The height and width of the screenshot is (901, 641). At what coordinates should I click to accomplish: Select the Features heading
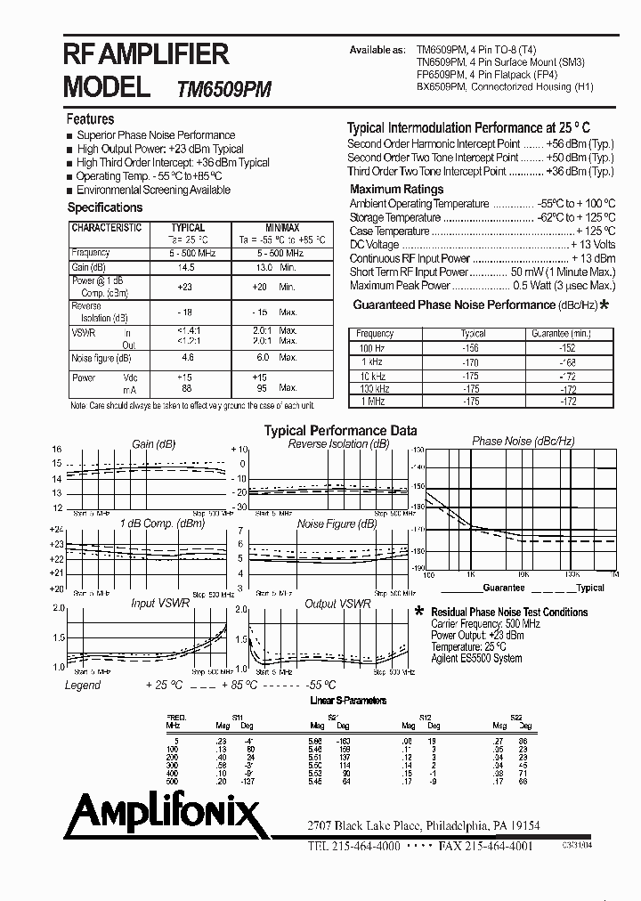(91, 119)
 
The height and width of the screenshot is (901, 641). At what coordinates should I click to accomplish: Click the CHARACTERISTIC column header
(106, 228)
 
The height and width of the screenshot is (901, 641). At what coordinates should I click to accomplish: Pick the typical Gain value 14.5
(186, 267)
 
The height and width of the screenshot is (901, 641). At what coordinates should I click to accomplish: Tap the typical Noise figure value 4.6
(188, 358)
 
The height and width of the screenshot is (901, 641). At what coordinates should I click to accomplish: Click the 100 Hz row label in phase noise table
(372, 347)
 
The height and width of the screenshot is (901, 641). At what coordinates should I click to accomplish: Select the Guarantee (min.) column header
(561, 333)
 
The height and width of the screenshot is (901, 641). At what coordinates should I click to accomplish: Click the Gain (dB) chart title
(155, 444)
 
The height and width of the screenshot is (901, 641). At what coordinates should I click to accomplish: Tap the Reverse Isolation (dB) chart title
(338, 444)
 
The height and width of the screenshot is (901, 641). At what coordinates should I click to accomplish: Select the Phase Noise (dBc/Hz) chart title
(523, 442)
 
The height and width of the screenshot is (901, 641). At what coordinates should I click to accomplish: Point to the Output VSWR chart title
(337, 604)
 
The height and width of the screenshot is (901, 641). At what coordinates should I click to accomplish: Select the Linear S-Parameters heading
(348, 702)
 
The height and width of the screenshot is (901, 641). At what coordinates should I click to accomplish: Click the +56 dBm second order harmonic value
(580, 144)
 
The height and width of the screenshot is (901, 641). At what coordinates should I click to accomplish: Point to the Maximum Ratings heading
(396, 190)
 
